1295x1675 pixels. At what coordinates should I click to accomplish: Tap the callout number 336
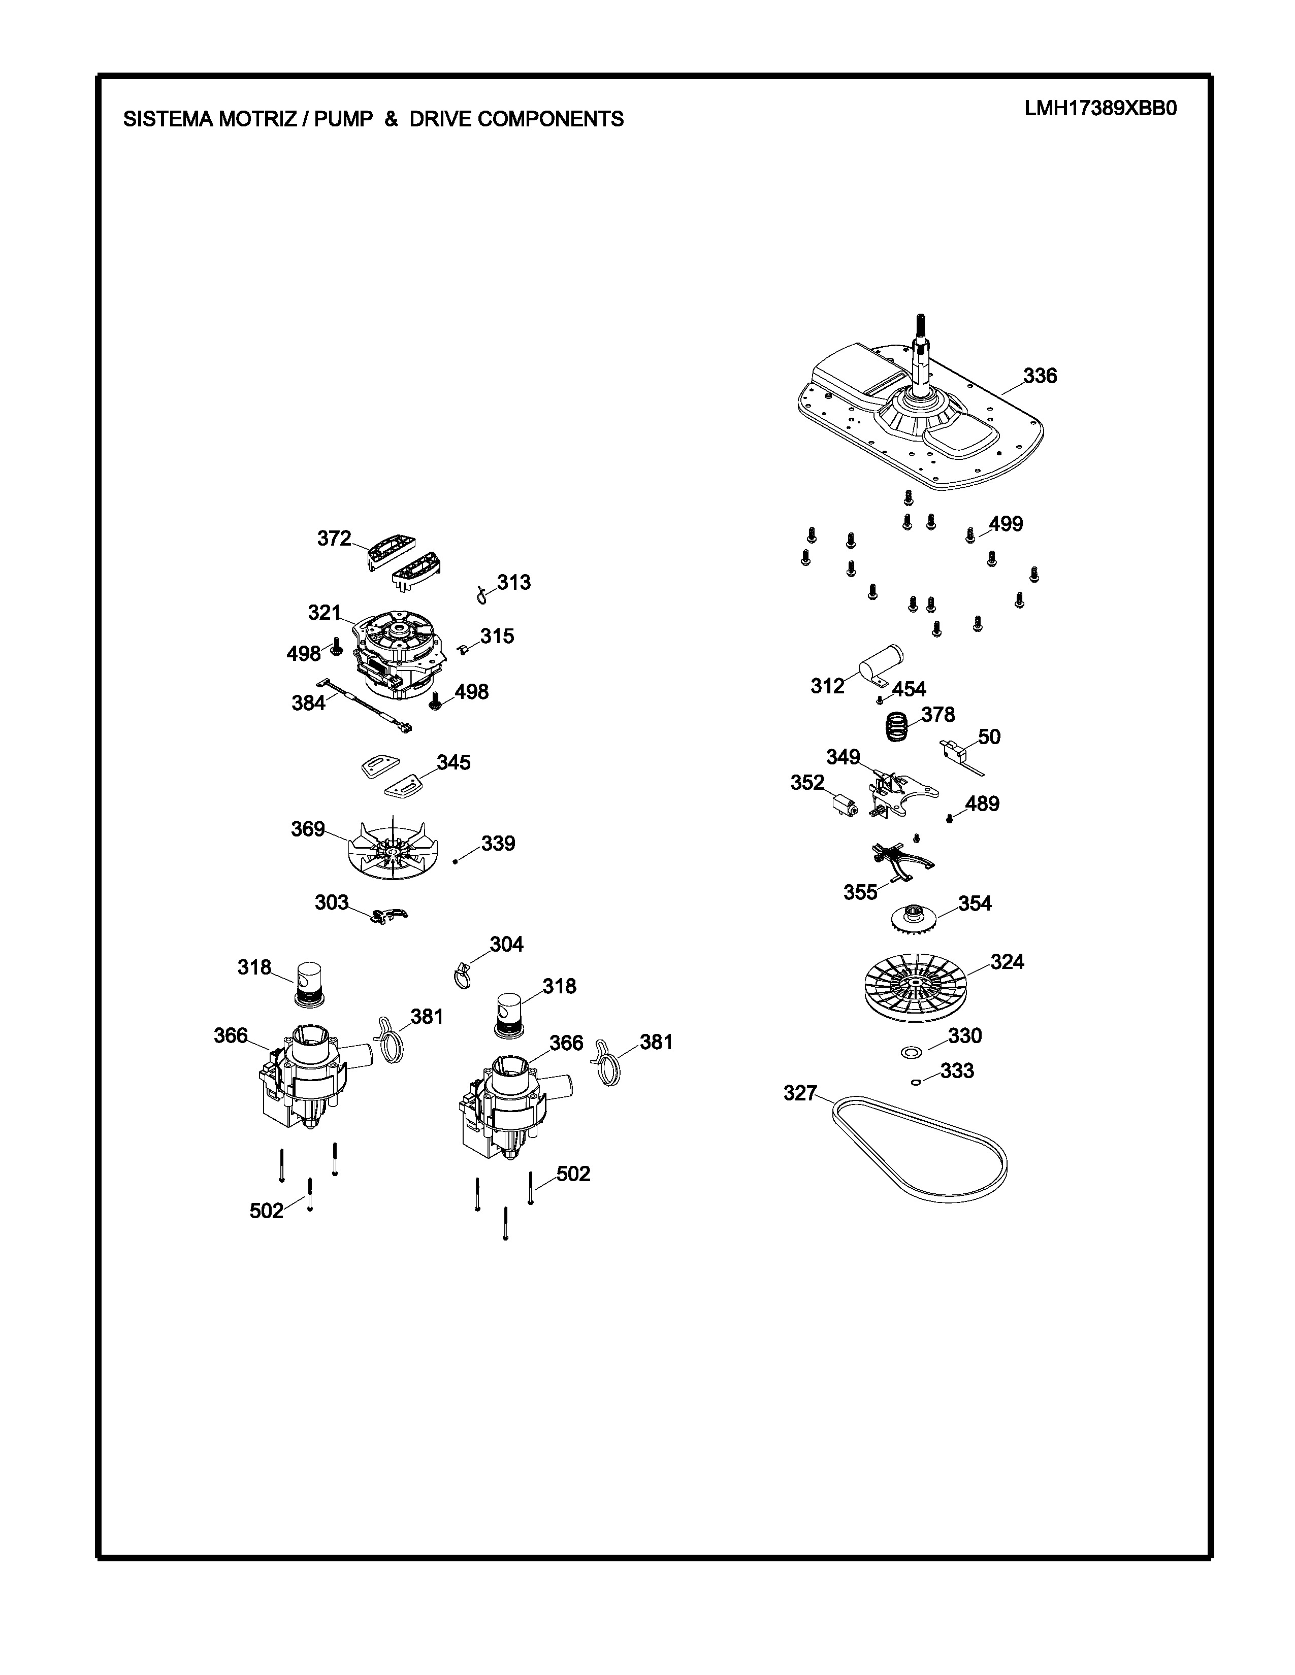pos(1040,376)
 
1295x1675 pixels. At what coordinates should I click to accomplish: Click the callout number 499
pos(1006,524)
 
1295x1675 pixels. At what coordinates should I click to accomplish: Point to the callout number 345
pos(454,762)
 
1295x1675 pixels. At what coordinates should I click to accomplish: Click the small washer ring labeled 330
pos(912,1052)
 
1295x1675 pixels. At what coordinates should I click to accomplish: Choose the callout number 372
pos(335,539)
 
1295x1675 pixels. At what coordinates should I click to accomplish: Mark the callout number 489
pos(982,804)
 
